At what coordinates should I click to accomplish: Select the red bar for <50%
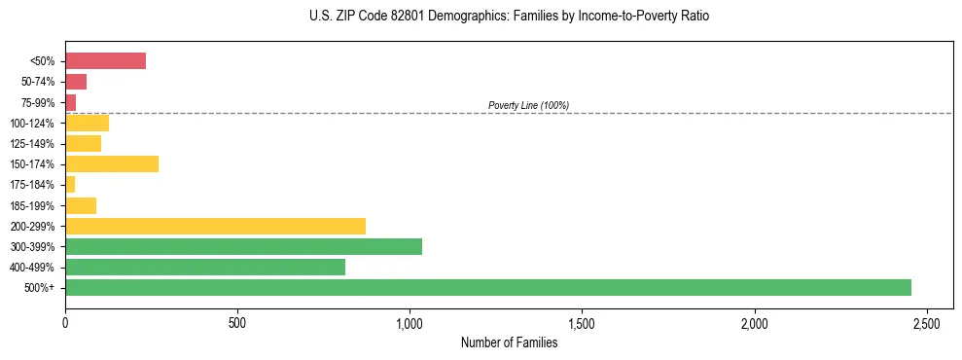pos(105,61)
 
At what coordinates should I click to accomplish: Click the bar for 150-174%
pos(112,163)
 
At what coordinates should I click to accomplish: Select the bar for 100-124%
pos(87,123)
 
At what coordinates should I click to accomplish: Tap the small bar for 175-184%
pos(70,184)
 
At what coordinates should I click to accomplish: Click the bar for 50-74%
pos(76,82)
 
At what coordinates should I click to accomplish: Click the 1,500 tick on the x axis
pos(582,322)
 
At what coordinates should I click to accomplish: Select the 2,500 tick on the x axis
pos(926,322)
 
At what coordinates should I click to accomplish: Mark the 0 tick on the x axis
pos(65,322)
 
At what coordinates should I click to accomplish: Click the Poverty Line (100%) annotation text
pos(528,105)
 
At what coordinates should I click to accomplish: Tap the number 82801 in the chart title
pos(393,17)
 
